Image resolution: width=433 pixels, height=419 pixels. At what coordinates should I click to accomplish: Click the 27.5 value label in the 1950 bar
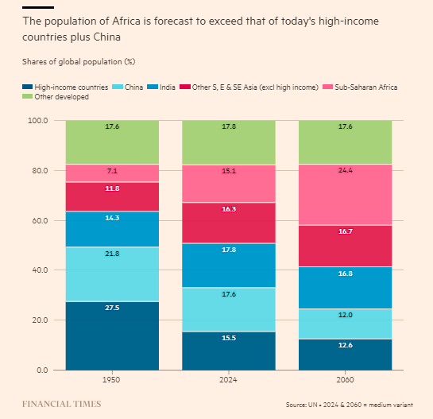(x=112, y=308)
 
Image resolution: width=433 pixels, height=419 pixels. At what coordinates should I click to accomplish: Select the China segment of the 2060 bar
(x=345, y=324)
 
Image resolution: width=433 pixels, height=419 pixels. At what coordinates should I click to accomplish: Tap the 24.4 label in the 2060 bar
(x=345, y=170)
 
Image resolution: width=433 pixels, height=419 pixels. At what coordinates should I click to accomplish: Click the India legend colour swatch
(x=153, y=87)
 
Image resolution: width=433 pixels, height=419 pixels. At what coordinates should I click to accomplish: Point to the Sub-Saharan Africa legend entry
(x=360, y=87)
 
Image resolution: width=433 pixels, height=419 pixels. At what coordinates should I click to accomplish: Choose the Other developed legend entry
(x=56, y=97)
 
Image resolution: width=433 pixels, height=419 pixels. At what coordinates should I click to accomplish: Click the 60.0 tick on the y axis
(x=40, y=220)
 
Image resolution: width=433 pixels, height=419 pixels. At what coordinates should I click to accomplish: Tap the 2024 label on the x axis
(x=228, y=379)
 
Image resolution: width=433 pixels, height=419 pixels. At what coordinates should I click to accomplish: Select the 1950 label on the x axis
(x=111, y=379)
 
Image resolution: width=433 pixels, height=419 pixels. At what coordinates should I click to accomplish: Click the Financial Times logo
(x=62, y=404)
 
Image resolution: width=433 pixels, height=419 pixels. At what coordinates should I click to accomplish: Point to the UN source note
(x=350, y=405)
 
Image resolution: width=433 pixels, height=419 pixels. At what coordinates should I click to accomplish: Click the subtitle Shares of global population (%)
(x=79, y=62)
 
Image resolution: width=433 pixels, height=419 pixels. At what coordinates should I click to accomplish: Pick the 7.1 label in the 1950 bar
(x=112, y=171)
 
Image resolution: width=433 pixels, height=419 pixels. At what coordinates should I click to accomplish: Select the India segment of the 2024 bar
(x=229, y=266)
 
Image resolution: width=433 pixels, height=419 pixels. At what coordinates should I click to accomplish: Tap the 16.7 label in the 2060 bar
(x=345, y=231)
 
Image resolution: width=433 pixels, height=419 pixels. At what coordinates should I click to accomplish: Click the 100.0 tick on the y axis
(x=38, y=121)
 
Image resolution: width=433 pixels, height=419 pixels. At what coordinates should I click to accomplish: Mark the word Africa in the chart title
(x=126, y=21)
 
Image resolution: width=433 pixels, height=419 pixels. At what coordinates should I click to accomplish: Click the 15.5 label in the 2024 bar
(x=229, y=338)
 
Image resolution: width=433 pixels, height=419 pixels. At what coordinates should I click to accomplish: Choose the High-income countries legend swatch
(x=27, y=87)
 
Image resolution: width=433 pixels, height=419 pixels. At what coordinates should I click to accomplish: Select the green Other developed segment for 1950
(x=112, y=142)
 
